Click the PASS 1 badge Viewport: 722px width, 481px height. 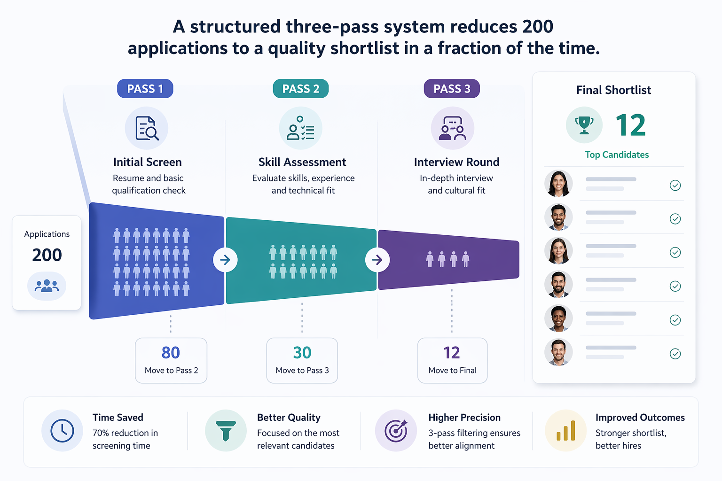click(145, 89)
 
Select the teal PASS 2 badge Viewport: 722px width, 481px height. click(300, 89)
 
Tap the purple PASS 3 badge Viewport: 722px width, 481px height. click(451, 89)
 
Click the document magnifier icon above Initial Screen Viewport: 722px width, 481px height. click(147, 128)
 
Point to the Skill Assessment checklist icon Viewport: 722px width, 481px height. click(300, 128)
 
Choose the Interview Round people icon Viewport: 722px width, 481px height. click(452, 128)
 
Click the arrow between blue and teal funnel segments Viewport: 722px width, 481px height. click(225, 260)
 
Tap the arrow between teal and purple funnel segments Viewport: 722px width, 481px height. click(377, 260)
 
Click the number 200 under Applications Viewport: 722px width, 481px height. click(47, 255)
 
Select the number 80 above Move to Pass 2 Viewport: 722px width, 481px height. click(171, 353)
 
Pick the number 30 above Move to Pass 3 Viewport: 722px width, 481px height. click(302, 353)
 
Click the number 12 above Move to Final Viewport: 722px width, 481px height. click(452, 353)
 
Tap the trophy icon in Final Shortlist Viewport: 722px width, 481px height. click(584, 125)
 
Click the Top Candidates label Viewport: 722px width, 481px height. click(617, 155)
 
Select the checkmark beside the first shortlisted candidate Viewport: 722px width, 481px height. click(675, 186)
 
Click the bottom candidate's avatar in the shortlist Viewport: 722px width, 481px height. click(558, 352)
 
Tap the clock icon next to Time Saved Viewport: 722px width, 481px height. click(62, 431)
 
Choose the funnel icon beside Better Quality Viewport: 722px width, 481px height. click(226, 431)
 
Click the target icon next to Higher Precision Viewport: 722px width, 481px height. click(396, 431)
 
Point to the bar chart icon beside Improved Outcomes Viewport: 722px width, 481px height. click(565, 431)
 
